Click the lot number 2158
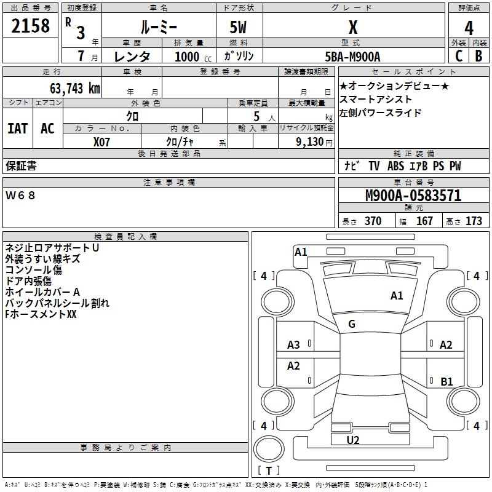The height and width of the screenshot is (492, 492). [31, 26]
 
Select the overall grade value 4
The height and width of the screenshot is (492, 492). [469, 28]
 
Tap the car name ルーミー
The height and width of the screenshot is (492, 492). [159, 27]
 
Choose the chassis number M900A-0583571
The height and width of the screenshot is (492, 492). [413, 196]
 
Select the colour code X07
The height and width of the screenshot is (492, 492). [102, 141]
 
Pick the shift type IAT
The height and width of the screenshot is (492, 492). [17, 128]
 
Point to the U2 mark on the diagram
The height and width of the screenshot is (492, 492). [353, 440]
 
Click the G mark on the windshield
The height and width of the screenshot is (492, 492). [352, 324]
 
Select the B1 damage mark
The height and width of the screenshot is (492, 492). [447, 382]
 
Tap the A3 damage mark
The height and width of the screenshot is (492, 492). [294, 345]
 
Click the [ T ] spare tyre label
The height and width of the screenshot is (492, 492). [269, 470]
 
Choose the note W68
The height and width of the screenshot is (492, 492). [21, 196]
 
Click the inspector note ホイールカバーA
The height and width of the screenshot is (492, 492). [43, 292]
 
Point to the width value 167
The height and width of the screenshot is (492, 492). [424, 221]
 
